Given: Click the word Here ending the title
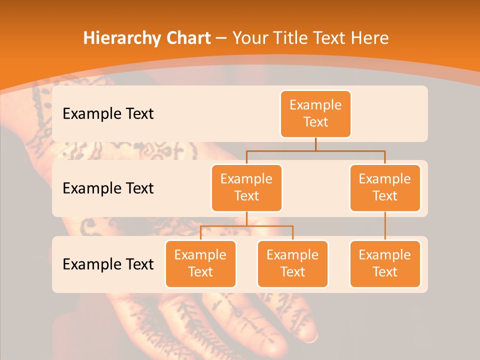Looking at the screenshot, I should coord(370,38).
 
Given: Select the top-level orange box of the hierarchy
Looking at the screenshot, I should coord(315,114).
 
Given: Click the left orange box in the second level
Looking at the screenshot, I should coord(246,187).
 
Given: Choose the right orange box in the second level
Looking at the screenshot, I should coord(385,187).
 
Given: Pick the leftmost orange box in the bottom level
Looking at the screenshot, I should coord(200,263).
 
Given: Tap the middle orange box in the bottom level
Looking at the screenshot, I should coord(292,263).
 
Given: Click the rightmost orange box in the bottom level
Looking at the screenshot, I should coord(385,263).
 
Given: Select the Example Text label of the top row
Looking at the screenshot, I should coord(108,114).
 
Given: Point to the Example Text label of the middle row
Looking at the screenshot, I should coord(108,188).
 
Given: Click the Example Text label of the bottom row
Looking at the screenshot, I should coord(108,264).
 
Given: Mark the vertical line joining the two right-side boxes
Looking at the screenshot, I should coord(385,226).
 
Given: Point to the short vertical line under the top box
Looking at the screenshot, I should coord(315,144).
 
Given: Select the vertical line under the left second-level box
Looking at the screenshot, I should coord(246,218).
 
